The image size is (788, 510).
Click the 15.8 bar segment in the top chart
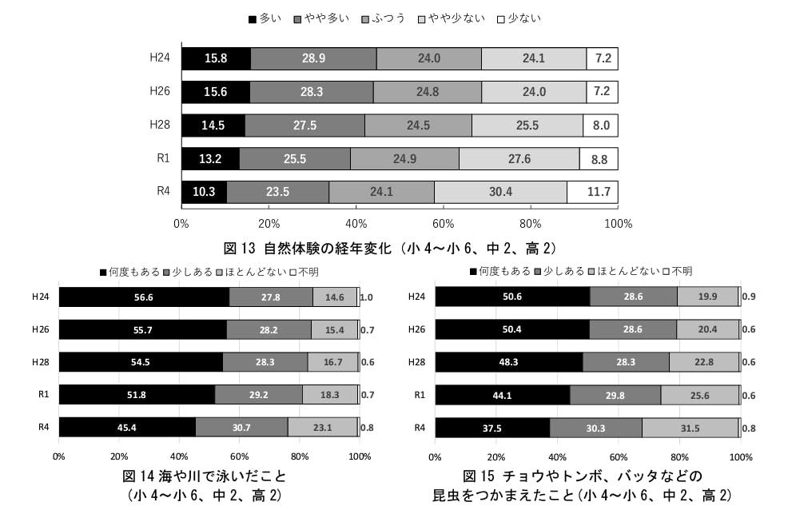click(x=216, y=59)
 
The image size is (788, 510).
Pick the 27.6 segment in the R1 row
click(x=519, y=159)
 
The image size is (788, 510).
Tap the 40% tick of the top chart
click(x=356, y=223)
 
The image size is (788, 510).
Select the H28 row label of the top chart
click(x=160, y=125)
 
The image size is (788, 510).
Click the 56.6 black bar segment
click(x=144, y=297)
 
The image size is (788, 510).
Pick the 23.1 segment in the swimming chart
click(x=322, y=428)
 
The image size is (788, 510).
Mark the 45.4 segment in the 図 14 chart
click(x=127, y=428)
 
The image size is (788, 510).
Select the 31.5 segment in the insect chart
click(x=690, y=428)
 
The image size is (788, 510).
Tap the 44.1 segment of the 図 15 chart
click(x=502, y=395)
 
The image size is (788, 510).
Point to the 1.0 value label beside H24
click(x=367, y=297)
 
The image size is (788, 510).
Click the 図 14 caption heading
click(x=204, y=477)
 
